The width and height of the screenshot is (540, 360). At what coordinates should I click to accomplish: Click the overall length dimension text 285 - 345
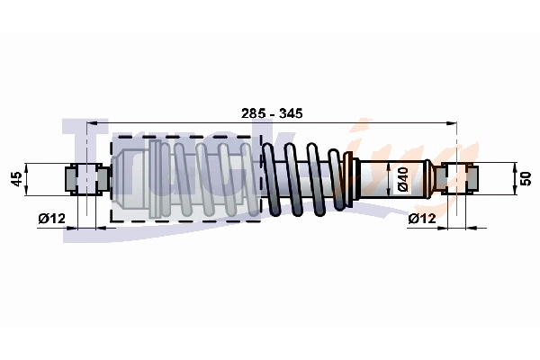(272, 113)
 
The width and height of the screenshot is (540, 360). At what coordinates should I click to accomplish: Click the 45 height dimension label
(15, 178)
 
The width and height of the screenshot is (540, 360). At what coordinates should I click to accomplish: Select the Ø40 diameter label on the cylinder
(404, 178)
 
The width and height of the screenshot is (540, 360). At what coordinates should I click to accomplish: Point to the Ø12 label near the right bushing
(422, 218)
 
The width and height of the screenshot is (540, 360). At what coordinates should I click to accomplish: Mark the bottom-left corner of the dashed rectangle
(111, 221)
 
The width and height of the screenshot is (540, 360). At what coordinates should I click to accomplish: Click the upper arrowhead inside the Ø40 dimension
(391, 165)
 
